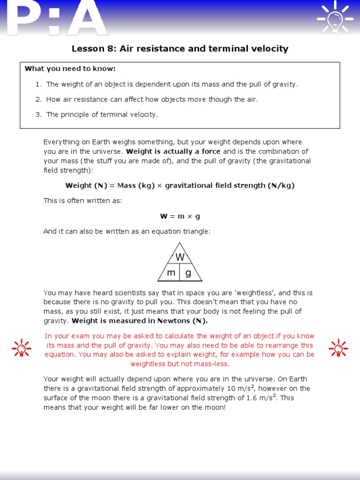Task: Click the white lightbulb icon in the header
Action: pyautogui.click(x=336, y=18)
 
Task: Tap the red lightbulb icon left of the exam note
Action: pyautogui.click(x=21, y=348)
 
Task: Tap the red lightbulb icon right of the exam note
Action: pyautogui.click(x=338, y=348)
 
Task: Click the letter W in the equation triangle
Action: pyautogui.click(x=180, y=257)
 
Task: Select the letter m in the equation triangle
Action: pyautogui.click(x=171, y=273)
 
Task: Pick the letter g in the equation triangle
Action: pyautogui.click(x=188, y=273)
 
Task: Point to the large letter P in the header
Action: pyautogui.click(x=26, y=19)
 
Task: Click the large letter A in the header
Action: pyautogui.click(x=87, y=19)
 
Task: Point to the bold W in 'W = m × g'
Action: pyautogui.click(x=164, y=216)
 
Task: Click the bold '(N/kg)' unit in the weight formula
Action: pyautogui.click(x=281, y=186)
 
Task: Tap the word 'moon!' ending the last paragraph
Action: pyautogui.click(x=216, y=407)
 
